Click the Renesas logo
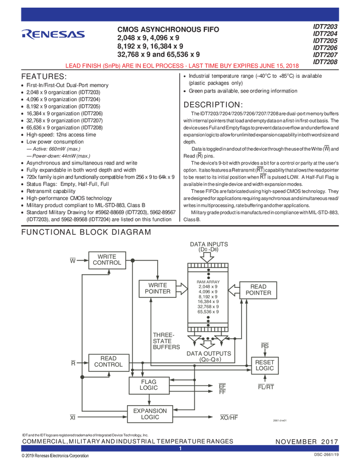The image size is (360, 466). click(53, 34)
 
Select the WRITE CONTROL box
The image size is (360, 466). click(107, 259)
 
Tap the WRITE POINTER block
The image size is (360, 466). click(158, 288)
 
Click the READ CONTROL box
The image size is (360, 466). click(108, 362)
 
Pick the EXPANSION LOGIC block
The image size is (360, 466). click(150, 414)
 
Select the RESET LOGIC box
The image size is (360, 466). click(265, 365)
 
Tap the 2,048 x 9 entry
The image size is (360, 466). click(208, 286)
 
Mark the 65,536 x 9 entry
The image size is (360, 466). click(208, 311)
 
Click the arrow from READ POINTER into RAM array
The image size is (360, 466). click(234, 289)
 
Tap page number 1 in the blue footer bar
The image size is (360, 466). click(180, 449)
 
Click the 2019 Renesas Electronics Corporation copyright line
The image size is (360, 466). click(55, 456)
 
